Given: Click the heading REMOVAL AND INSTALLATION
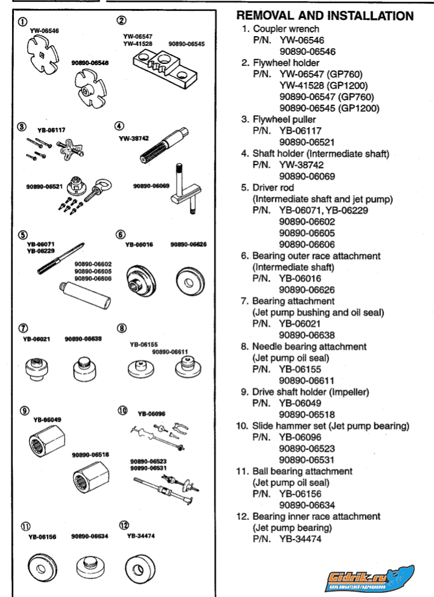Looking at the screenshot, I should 325,15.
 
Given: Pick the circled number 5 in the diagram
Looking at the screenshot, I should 22,234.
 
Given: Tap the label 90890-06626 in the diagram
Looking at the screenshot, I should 188,245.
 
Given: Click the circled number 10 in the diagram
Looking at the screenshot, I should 122,410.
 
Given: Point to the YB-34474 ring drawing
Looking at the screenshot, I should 140,566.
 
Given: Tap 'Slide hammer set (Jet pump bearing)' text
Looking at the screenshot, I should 331,426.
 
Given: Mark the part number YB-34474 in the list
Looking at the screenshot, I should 300,539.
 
